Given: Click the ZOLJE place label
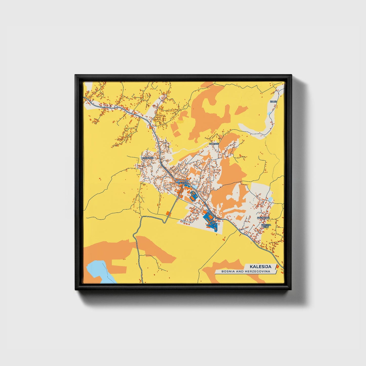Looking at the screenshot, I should pos(273,102).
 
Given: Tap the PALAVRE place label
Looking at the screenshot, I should pos(214,144).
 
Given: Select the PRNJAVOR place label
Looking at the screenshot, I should pos(148,158).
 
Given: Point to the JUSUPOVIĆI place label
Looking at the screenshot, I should pos(263,218).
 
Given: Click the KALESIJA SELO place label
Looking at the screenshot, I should pos(266,225).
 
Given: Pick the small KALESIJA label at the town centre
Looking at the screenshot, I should pos(183,183).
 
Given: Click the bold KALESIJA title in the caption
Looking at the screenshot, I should pos(260,266).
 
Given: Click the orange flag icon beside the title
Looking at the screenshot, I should pos(277,266).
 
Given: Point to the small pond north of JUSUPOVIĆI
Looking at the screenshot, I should pos(270,200).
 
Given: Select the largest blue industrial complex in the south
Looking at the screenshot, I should pos(210,220).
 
